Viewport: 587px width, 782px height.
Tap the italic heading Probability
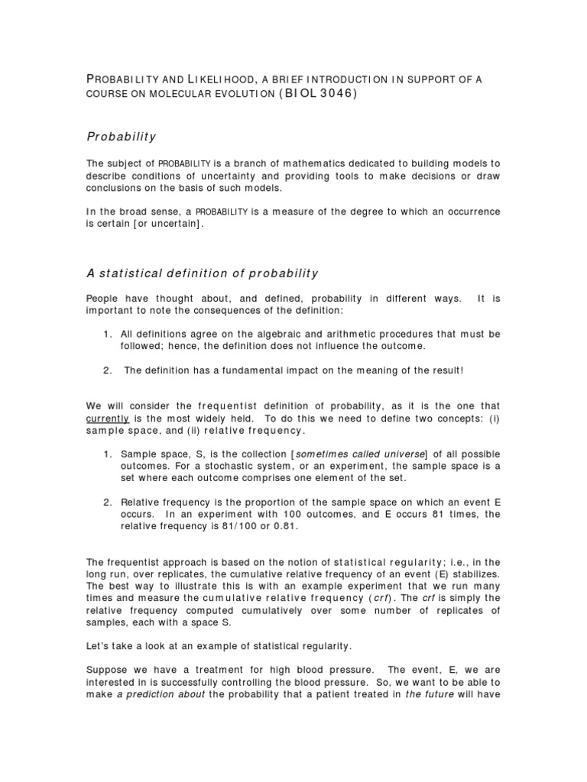pyautogui.click(x=121, y=137)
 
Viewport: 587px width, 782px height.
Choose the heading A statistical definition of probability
pyautogui.click(x=202, y=273)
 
